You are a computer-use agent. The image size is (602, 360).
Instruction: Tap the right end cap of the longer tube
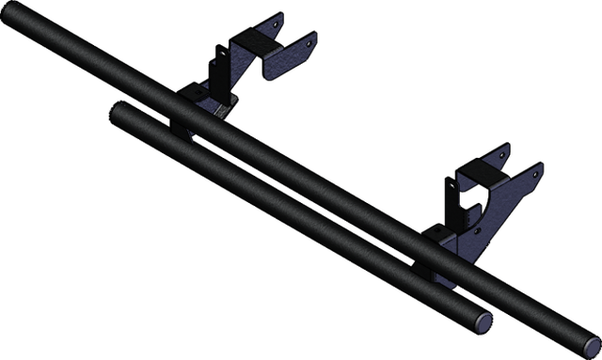590,341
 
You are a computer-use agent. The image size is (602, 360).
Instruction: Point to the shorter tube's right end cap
482,319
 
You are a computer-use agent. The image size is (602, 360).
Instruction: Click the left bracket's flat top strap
255,39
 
